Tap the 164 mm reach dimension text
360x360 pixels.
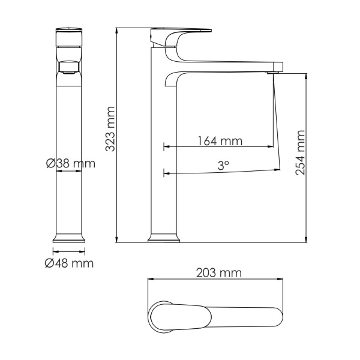[220, 142]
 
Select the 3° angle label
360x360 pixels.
[224, 164]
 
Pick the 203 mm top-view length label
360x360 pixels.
[219, 273]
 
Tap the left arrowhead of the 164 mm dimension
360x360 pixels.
[166, 146]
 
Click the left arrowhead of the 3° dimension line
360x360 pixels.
[166, 174]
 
